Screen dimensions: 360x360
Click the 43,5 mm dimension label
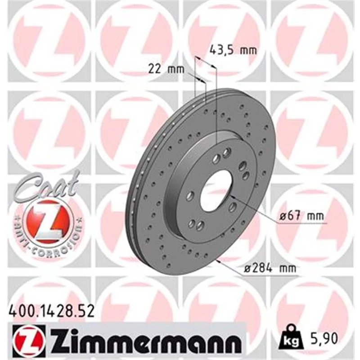point(233,50)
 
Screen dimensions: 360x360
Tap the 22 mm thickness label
point(166,69)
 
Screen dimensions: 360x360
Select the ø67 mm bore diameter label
point(301,216)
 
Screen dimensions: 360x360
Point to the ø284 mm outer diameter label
point(270,268)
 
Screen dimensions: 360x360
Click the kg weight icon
point(291,335)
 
